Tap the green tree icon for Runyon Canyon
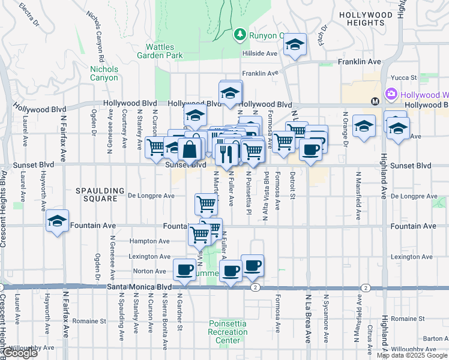coord(240,34)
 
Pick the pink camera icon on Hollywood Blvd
coord(391,94)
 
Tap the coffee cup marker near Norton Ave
coord(184,269)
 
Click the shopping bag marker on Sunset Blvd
coord(190,150)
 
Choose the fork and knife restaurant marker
coord(226,155)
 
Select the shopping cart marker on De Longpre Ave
coord(206,204)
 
